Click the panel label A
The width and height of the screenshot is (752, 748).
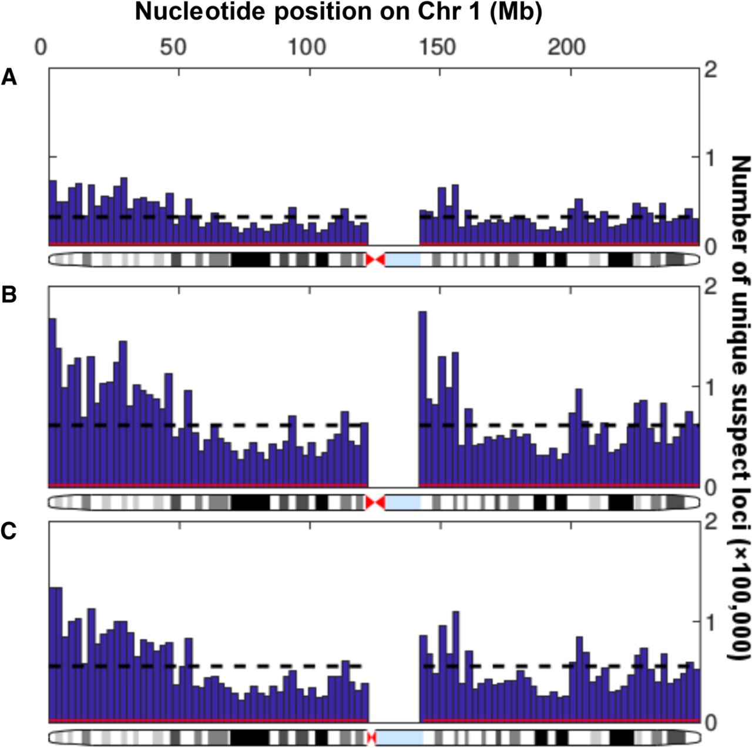[9, 77]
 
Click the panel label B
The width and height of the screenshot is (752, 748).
[9, 295]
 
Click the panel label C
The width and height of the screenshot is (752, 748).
[9, 530]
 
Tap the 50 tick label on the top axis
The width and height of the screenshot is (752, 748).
[173, 47]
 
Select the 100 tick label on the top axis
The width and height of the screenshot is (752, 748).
[308, 47]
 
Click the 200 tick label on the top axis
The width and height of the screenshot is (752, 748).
[567, 47]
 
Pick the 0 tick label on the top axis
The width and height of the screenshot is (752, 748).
[41, 47]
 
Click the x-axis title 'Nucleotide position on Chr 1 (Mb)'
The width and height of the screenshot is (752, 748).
[338, 12]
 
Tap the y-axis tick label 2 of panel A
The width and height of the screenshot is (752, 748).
[710, 70]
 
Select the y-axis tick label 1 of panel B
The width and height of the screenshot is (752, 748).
[710, 387]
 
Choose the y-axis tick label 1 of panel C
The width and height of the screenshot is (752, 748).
[710, 622]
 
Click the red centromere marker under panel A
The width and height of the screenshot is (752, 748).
[375, 260]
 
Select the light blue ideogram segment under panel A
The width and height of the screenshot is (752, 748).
[402, 260]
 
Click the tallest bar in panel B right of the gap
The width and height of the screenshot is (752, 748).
[422, 399]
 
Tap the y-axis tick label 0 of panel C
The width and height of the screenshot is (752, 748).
[710, 723]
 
